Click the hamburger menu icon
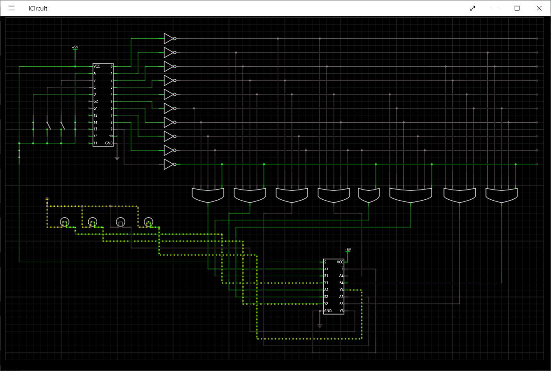(12, 8)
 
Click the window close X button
(539, 8)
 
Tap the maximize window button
(517, 8)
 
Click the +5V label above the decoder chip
(75, 47)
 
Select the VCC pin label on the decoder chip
(97, 66)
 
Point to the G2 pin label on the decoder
(96, 102)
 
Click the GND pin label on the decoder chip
(109, 143)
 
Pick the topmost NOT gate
(169, 39)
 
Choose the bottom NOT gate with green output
(169, 164)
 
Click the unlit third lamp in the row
(121, 222)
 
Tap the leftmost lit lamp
(64, 222)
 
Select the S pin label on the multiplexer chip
(325, 262)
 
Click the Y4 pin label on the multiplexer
(341, 290)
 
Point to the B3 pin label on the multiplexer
(341, 303)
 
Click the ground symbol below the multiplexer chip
(319, 326)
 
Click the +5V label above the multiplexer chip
(348, 250)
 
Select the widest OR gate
(410, 195)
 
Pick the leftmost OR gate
(208, 195)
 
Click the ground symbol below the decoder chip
(117, 158)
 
